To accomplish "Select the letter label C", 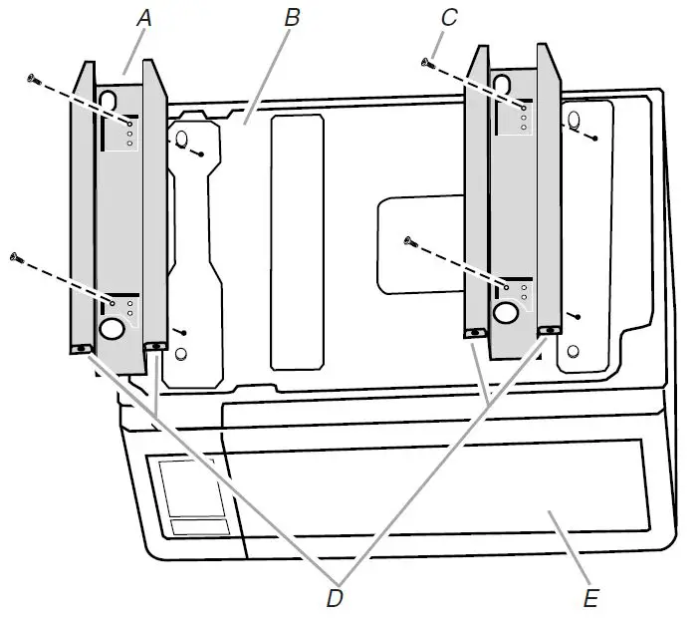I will pyautogui.click(x=449, y=17).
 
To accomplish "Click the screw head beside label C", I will pyautogui.click(x=427, y=63).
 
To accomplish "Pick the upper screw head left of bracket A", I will pyautogui.click(x=32, y=78).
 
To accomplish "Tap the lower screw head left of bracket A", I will pyautogui.click(x=15, y=258).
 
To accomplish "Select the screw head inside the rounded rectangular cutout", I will pyautogui.click(x=407, y=240).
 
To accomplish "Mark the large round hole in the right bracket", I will pyautogui.click(x=506, y=313).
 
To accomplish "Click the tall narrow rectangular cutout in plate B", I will pyautogui.click(x=297, y=237).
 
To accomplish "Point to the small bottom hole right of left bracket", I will pyautogui.click(x=180, y=354).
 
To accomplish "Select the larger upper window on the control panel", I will pyautogui.click(x=187, y=488).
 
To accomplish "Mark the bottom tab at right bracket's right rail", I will pyautogui.click(x=547, y=329).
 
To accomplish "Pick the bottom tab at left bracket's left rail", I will pyautogui.click(x=81, y=349).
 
